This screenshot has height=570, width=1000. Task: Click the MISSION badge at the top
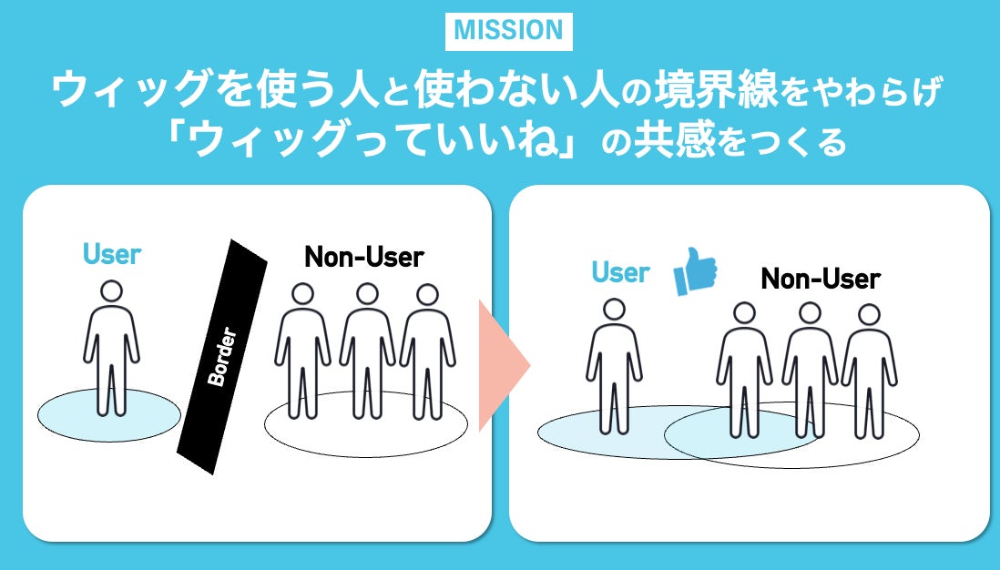[x=508, y=30]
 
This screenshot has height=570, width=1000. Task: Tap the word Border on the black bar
[x=221, y=357]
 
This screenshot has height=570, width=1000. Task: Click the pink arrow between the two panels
[x=503, y=366]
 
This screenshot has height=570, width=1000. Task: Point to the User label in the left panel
[x=112, y=253]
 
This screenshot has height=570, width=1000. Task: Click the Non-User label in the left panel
[x=364, y=258]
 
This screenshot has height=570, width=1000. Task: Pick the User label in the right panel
[x=620, y=271]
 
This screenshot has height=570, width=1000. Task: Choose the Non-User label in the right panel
[x=821, y=278]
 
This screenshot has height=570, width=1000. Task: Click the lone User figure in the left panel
[x=111, y=351]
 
